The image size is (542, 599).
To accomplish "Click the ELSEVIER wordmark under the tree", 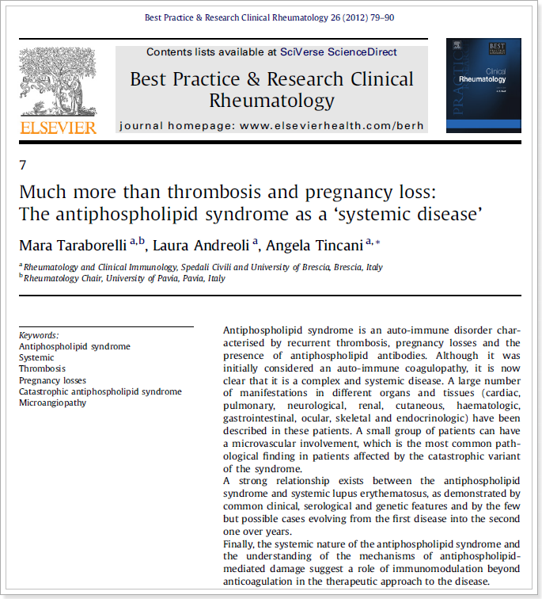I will click(59, 128).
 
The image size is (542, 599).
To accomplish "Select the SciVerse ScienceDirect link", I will click(339, 52).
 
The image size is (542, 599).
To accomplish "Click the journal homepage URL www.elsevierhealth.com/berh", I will click(332, 125).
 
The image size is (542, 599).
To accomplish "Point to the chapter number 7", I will click(22, 166).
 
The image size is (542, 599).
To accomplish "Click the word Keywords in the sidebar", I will click(39, 335).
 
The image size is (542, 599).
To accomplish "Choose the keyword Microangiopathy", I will click(53, 403).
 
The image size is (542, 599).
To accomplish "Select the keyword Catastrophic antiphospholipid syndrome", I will click(100, 391).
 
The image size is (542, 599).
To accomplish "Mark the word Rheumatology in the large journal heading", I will click(271, 101).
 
